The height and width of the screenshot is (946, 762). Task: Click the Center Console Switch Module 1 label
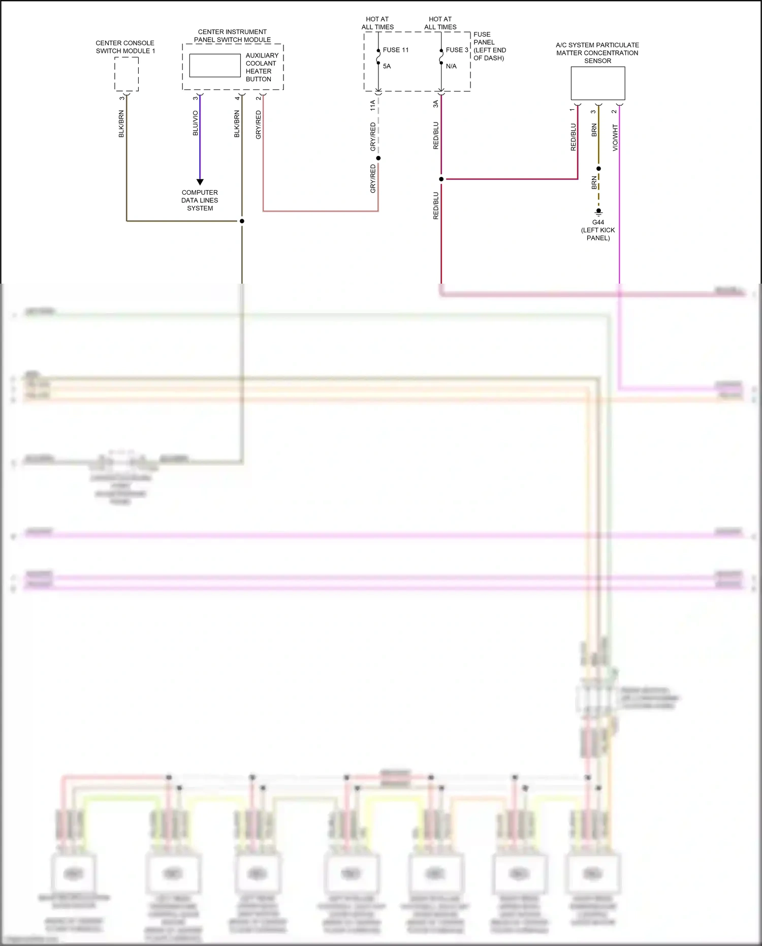click(125, 47)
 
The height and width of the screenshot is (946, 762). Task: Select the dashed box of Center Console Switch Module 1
click(126, 74)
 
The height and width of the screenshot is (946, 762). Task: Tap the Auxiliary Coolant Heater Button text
click(262, 67)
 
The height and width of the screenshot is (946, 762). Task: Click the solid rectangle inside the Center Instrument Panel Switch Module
click(215, 66)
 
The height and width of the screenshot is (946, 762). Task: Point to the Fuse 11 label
click(396, 50)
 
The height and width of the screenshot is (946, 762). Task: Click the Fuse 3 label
click(457, 50)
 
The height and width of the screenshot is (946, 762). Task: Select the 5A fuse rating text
click(387, 66)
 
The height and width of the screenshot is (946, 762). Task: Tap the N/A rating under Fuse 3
click(451, 66)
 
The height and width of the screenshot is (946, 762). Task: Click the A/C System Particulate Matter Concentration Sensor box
click(598, 83)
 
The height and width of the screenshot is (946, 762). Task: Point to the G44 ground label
click(598, 222)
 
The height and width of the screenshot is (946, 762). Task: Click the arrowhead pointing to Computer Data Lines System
click(200, 181)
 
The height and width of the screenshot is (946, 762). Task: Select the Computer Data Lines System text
click(200, 200)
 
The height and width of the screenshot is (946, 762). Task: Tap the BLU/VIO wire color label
click(196, 123)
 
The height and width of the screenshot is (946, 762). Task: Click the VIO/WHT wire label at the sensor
click(615, 137)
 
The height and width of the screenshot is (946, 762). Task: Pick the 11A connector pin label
click(373, 105)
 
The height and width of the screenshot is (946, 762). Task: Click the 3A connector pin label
click(436, 104)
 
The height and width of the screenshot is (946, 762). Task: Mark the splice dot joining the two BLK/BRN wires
click(242, 221)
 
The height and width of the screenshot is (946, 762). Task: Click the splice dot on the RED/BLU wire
click(441, 179)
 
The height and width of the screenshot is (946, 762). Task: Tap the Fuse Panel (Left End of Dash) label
click(489, 46)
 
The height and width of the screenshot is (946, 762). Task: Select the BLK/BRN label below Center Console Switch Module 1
click(121, 124)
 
